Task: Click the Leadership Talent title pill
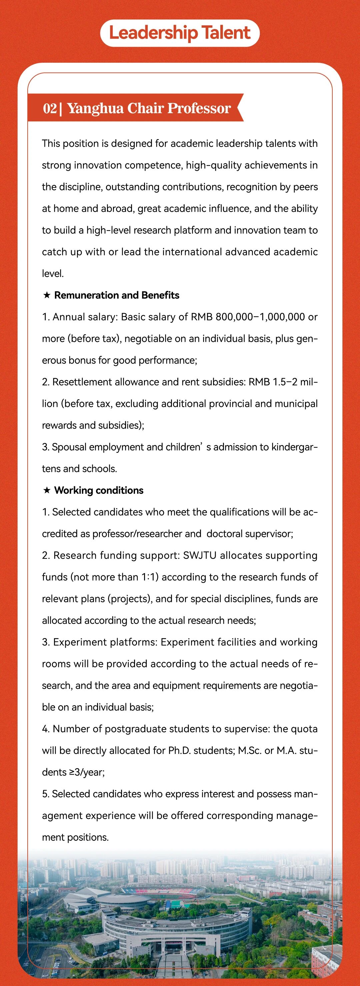pyautogui.click(x=180, y=33)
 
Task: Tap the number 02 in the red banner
pyautogui.click(x=50, y=108)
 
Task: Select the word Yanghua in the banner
pyautogui.click(x=95, y=108)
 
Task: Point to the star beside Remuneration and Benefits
pyautogui.click(x=47, y=295)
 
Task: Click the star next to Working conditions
pyautogui.click(x=47, y=490)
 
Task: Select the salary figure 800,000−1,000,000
pyautogui.click(x=260, y=317)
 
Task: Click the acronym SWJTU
pyautogui.click(x=200, y=555)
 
